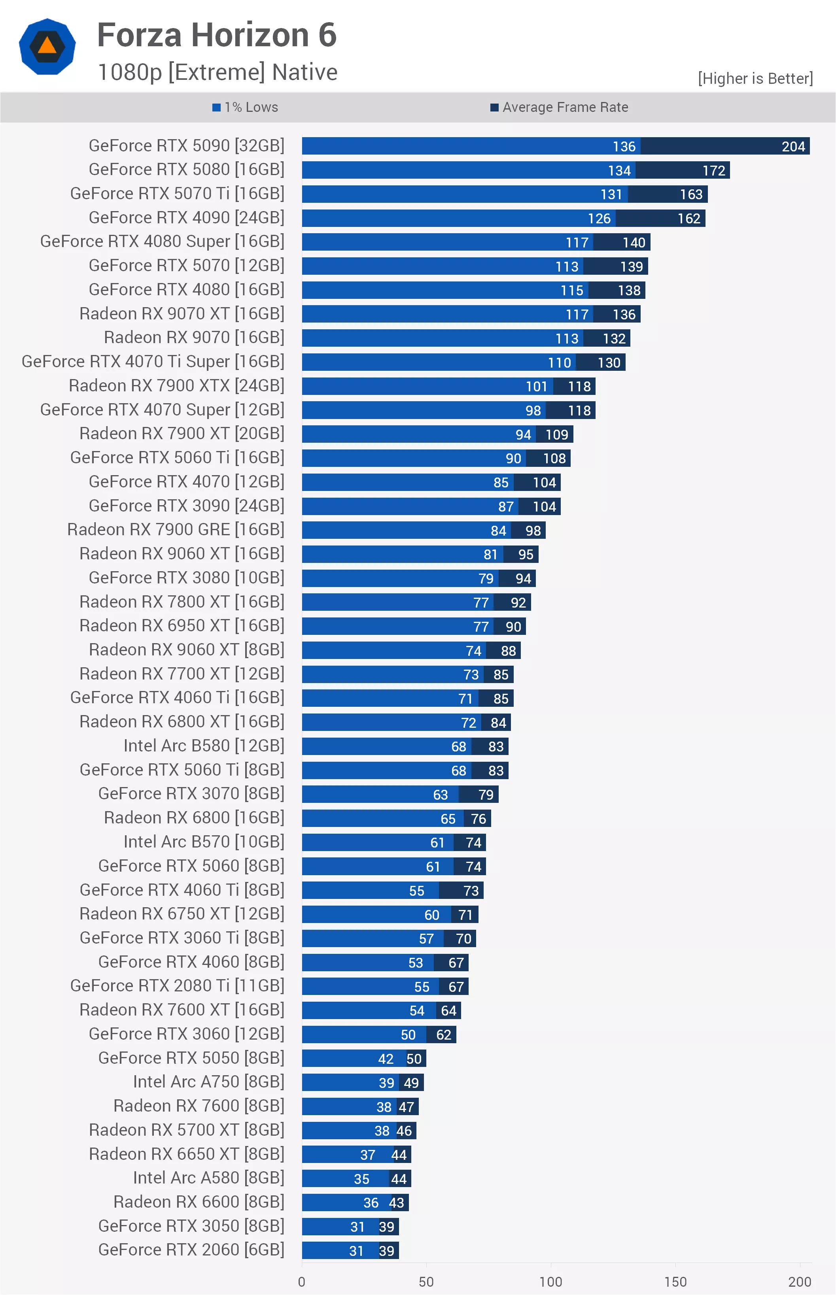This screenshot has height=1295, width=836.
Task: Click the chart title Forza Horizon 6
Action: [217, 35]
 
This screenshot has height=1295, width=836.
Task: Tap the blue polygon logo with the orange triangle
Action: [47, 47]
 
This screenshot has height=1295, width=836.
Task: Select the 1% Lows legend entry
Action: [245, 108]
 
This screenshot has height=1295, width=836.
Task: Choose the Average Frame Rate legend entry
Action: [559, 108]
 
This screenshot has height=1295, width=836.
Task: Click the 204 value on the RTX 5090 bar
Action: [793, 147]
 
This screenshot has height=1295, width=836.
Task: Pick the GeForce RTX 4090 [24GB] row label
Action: [186, 217]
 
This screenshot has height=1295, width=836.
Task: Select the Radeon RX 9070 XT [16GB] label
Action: [182, 313]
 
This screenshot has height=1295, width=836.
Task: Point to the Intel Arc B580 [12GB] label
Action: [204, 746]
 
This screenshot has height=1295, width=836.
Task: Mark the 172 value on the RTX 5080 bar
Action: [714, 170]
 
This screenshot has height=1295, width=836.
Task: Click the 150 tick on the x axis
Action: [675, 1282]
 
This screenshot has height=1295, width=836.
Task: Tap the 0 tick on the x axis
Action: [302, 1282]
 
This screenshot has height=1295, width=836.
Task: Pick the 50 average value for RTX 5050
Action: [414, 1059]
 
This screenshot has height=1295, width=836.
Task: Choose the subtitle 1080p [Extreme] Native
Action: [217, 72]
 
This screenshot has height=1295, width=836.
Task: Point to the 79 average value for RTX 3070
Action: [486, 795]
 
